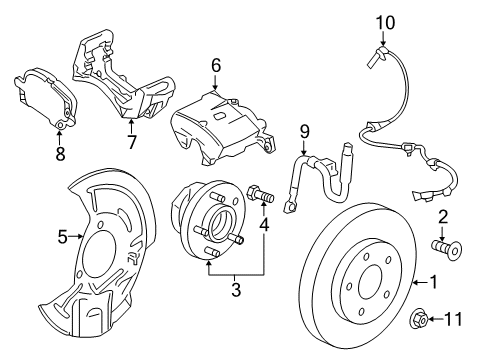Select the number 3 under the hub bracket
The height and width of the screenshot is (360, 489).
pyautogui.click(x=236, y=291)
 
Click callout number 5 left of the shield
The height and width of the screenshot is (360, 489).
pyautogui.click(x=63, y=238)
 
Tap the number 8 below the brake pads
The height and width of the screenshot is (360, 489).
pyautogui.click(x=58, y=154)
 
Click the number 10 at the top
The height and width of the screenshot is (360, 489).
pyautogui.click(x=385, y=20)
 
